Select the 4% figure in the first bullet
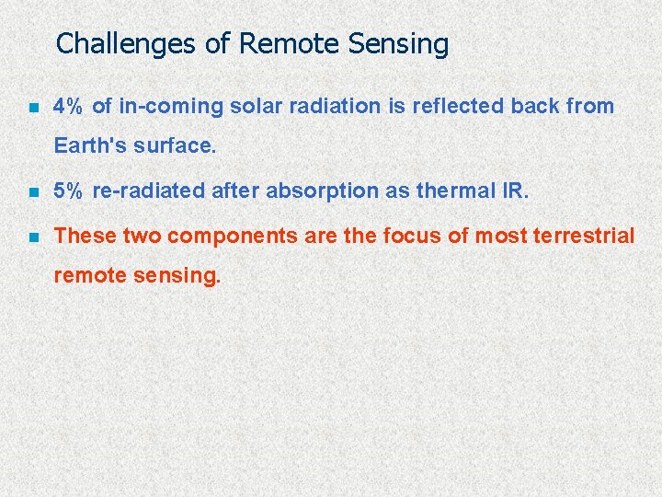click(x=69, y=107)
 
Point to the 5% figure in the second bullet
click(x=69, y=191)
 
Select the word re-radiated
click(x=149, y=191)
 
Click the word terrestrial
click(x=584, y=236)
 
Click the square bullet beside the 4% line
click(x=33, y=108)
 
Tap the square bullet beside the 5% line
click(x=33, y=191)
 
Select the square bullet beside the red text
click(x=33, y=237)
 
